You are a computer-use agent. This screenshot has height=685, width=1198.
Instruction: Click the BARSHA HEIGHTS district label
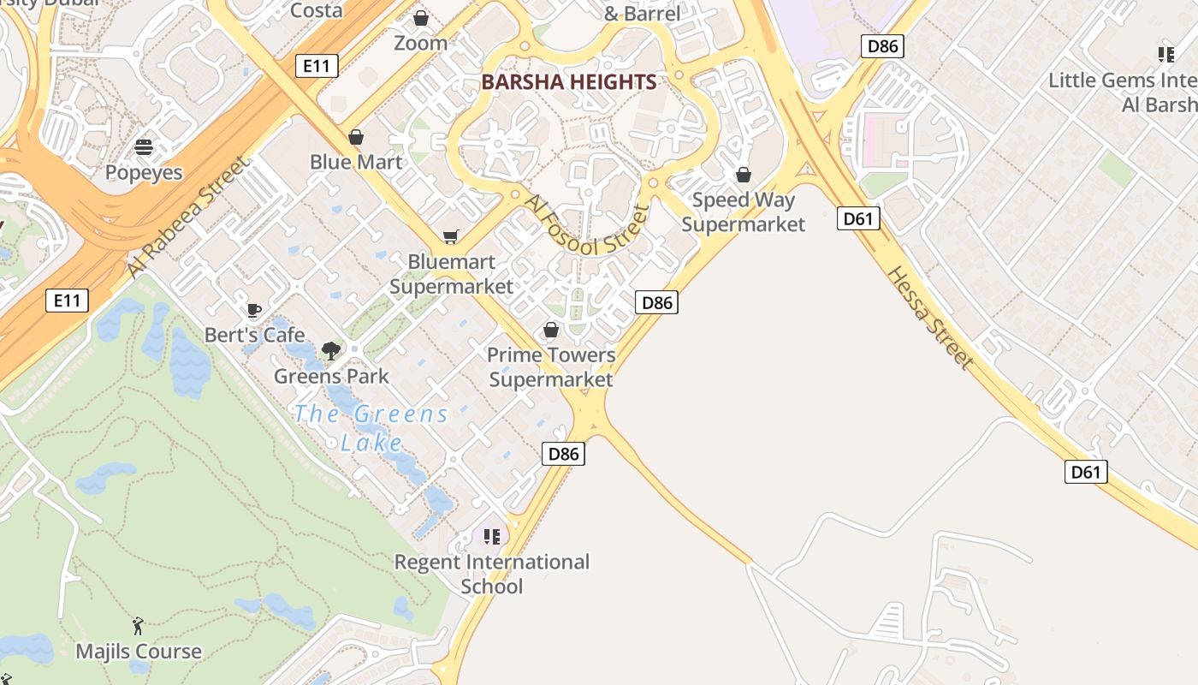(x=569, y=82)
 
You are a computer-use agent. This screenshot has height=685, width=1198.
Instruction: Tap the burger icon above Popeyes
(x=144, y=147)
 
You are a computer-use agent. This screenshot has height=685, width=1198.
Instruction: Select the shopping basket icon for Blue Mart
(x=356, y=137)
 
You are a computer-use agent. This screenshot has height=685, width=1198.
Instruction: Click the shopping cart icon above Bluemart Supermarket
(x=451, y=236)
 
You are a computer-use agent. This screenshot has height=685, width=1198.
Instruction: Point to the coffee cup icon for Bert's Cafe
(x=253, y=310)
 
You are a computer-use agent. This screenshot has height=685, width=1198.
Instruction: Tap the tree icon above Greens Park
(x=331, y=350)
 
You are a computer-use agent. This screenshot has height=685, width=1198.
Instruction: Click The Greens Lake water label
(x=371, y=428)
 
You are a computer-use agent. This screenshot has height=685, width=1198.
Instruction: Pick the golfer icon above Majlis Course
(x=138, y=627)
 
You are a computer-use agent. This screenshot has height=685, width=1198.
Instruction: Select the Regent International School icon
(x=492, y=537)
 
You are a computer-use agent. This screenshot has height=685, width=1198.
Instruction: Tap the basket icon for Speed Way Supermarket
(x=744, y=175)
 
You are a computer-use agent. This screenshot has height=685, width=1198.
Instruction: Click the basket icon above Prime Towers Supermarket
(x=551, y=330)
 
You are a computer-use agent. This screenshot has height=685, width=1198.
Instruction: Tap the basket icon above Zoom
(x=421, y=18)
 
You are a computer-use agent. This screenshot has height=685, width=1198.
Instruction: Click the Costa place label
(x=317, y=10)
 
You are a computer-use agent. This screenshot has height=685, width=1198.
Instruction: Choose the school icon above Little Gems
(x=1165, y=55)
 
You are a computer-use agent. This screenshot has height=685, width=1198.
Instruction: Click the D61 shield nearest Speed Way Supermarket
(x=857, y=218)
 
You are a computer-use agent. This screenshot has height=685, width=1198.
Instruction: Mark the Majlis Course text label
(x=139, y=652)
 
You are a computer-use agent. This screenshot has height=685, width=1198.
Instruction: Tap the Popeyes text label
(x=144, y=172)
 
